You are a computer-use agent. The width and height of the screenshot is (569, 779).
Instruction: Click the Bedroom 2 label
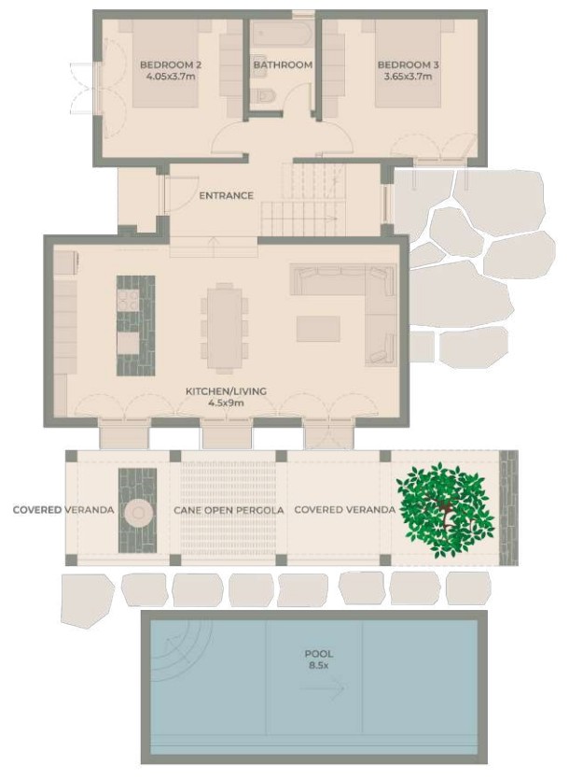[x=171, y=64]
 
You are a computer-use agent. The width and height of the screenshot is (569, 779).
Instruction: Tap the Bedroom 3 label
[x=405, y=64]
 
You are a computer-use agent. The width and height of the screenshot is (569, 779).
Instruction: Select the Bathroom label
[x=283, y=64]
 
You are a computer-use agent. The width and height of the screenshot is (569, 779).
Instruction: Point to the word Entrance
[x=226, y=195]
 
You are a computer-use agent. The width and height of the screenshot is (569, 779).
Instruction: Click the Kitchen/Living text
[x=225, y=391]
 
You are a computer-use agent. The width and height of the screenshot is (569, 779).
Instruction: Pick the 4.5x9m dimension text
[x=225, y=404]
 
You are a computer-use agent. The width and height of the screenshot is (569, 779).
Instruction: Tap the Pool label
[x=318, y=654]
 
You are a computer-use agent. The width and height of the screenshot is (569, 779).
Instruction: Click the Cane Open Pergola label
[x=229, y=511]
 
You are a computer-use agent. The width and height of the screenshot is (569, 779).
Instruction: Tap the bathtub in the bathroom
[x=283, y=35]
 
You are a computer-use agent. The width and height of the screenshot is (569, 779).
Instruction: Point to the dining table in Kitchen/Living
[x=225, y=326]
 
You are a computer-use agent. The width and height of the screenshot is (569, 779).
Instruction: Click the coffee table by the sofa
[x=318, y=328]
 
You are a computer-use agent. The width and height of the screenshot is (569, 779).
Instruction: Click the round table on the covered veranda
[x=139, y=511]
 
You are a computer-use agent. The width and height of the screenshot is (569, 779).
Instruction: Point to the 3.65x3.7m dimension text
[x=405, y=77]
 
